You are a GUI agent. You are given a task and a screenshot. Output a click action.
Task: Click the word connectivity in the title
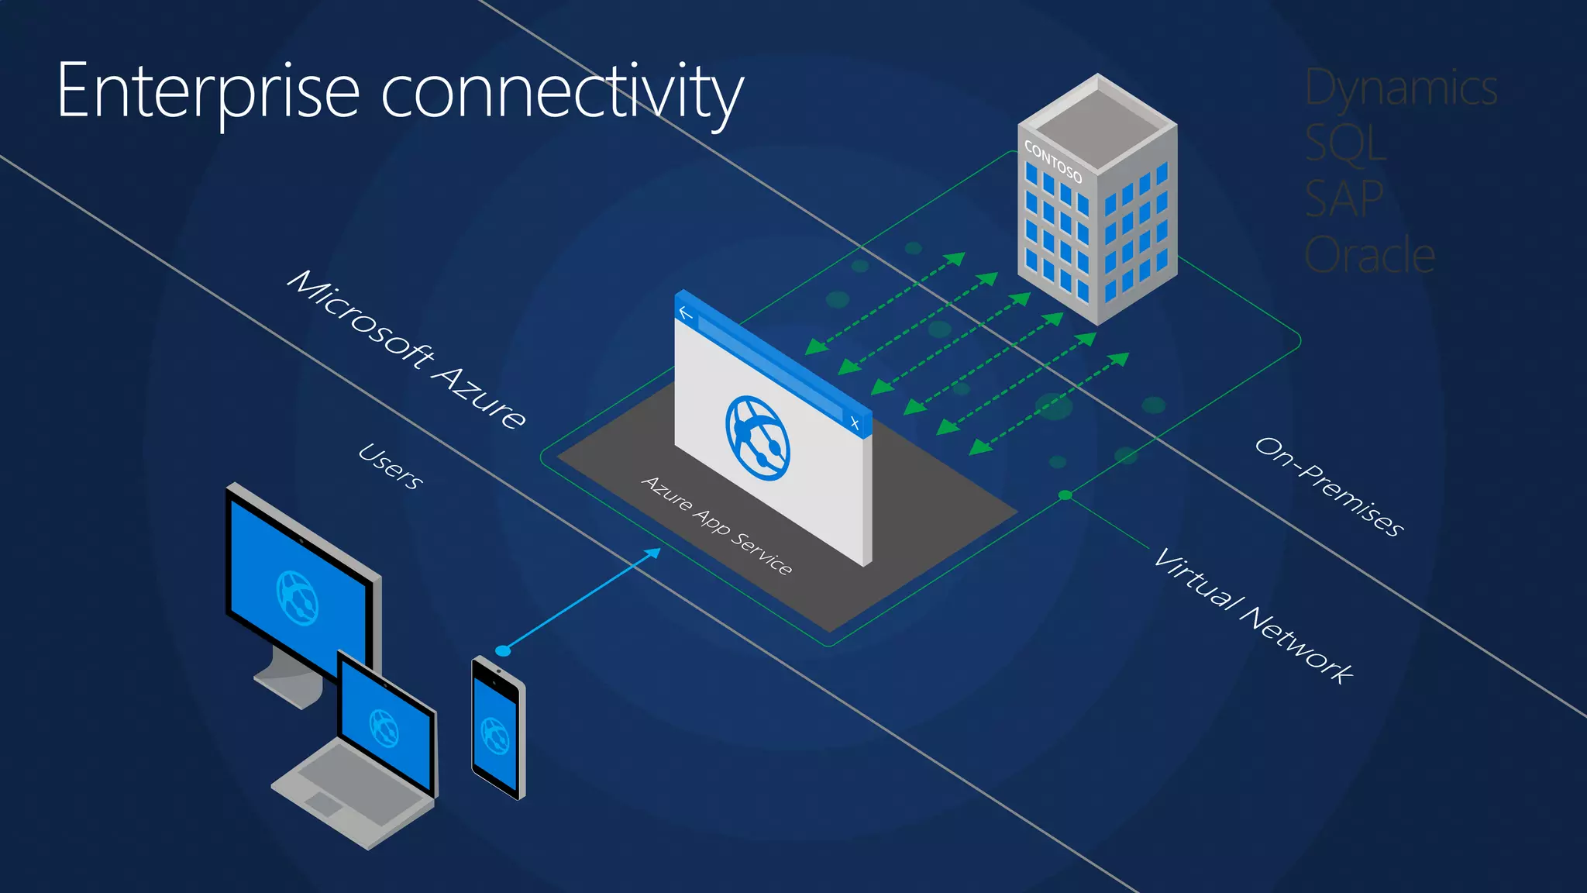tap(562, 93)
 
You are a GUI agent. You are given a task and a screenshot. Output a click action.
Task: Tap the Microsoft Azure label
tap(406, 349)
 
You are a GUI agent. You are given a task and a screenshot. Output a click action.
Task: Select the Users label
tap(391, 466)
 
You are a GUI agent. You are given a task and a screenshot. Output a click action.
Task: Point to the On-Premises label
tap(1329, 486)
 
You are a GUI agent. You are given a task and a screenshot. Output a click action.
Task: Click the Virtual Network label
tap(1253, 615)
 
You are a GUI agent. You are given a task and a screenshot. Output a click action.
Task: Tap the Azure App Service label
tap(717, 526)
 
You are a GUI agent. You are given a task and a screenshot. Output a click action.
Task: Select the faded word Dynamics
tap(1401, 88)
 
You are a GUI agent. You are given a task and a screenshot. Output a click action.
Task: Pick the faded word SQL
tap(1345, 143)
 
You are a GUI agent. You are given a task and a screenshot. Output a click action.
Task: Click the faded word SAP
tap(1344, 199)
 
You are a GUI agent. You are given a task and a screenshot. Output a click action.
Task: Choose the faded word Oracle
tap(1369, 255)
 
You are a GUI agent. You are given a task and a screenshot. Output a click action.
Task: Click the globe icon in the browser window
tap(757, 438)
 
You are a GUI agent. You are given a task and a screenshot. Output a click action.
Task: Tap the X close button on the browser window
tap(855, 422)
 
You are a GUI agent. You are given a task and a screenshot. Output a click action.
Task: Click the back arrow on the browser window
tap(685, 313)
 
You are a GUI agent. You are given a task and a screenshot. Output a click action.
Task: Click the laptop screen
tap(386, 727)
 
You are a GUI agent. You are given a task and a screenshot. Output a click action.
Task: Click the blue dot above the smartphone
tap(503, 650)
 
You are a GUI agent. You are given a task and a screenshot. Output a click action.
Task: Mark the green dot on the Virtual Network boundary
tap(1065, 495)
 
